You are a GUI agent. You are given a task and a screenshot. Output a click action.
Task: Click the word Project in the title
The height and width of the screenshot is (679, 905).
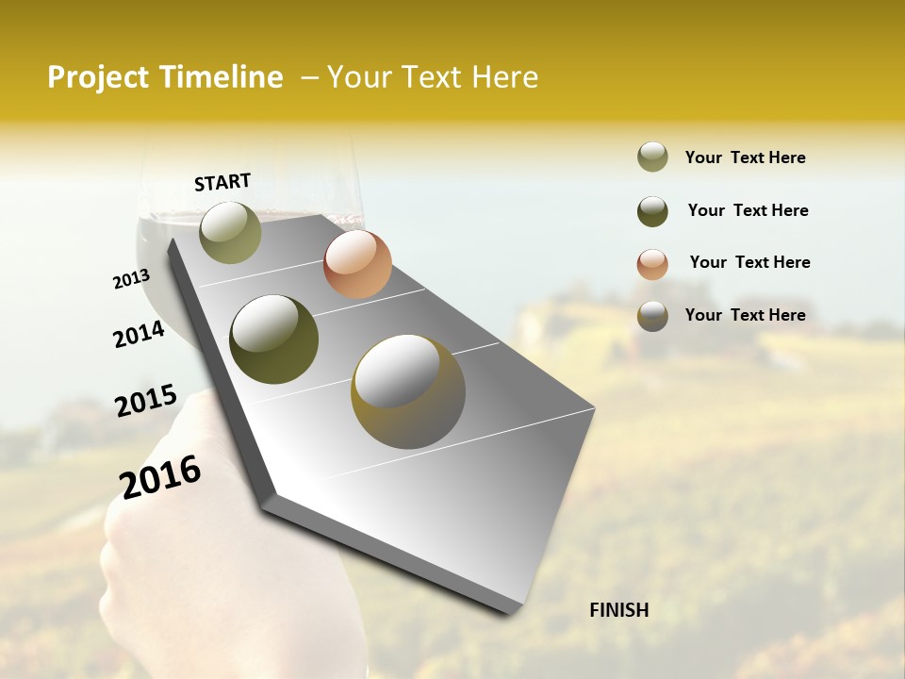pos(97,77)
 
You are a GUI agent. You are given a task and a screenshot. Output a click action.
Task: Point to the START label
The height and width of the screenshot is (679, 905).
pos(222,182)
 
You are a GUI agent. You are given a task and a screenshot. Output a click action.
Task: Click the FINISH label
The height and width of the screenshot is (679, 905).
pos(618,610)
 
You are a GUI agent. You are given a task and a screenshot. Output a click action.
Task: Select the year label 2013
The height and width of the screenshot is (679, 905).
pos(131,279)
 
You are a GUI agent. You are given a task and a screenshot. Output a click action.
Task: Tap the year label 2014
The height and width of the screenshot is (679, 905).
pos(139,334)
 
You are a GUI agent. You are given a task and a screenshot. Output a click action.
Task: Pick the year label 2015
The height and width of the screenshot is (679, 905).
pos(145,401)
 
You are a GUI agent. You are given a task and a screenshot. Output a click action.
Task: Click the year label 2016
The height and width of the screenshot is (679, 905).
pos(160,477)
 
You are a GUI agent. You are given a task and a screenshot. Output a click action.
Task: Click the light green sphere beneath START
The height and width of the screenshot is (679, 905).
pos(230,232)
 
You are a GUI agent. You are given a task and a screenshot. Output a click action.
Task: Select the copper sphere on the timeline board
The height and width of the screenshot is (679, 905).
pos(357,264)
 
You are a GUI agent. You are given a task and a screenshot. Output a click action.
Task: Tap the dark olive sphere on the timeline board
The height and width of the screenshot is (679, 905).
pos(273,339)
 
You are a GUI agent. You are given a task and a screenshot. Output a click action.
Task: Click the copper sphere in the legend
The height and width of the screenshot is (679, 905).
pos(652,264)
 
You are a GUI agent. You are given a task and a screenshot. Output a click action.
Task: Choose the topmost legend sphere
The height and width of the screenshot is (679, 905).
pos(652,157)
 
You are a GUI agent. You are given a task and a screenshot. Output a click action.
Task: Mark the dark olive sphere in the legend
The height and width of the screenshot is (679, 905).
pos(652,211)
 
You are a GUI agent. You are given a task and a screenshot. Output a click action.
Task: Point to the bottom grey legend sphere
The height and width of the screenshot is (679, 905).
pos(652,316)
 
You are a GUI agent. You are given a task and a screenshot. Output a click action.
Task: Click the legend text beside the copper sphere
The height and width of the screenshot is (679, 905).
pos(749,262)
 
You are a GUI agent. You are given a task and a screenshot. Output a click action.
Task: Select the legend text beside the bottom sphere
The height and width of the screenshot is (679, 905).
pos(745,315)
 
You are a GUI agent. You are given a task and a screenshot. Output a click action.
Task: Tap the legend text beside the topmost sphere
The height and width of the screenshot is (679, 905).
pos(745,157)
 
